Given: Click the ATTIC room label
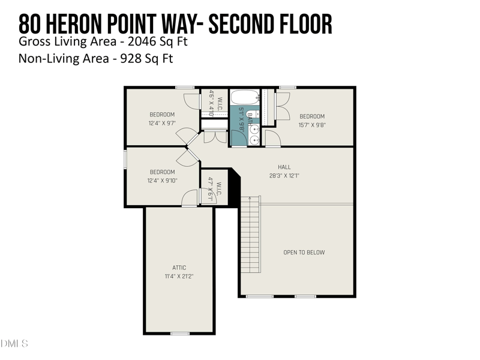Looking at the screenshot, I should coord(179,268).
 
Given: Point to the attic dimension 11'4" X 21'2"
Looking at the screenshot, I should coord(179,277).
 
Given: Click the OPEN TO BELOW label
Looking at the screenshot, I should coord(304,253).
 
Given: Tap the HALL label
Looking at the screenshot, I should coord(284,167).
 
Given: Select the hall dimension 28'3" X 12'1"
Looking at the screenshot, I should coord(284,176).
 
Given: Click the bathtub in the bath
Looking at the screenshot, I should coord(245,97).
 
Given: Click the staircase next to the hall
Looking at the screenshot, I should coord(251,234).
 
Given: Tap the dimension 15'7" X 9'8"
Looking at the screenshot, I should coord(312,125).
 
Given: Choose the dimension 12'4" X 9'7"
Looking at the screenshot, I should coord(162,124).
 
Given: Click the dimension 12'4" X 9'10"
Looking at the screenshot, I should coord(162,181).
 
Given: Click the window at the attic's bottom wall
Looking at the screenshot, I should coord(179,333).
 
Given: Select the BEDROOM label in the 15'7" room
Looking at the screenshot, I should coord(312,116).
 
